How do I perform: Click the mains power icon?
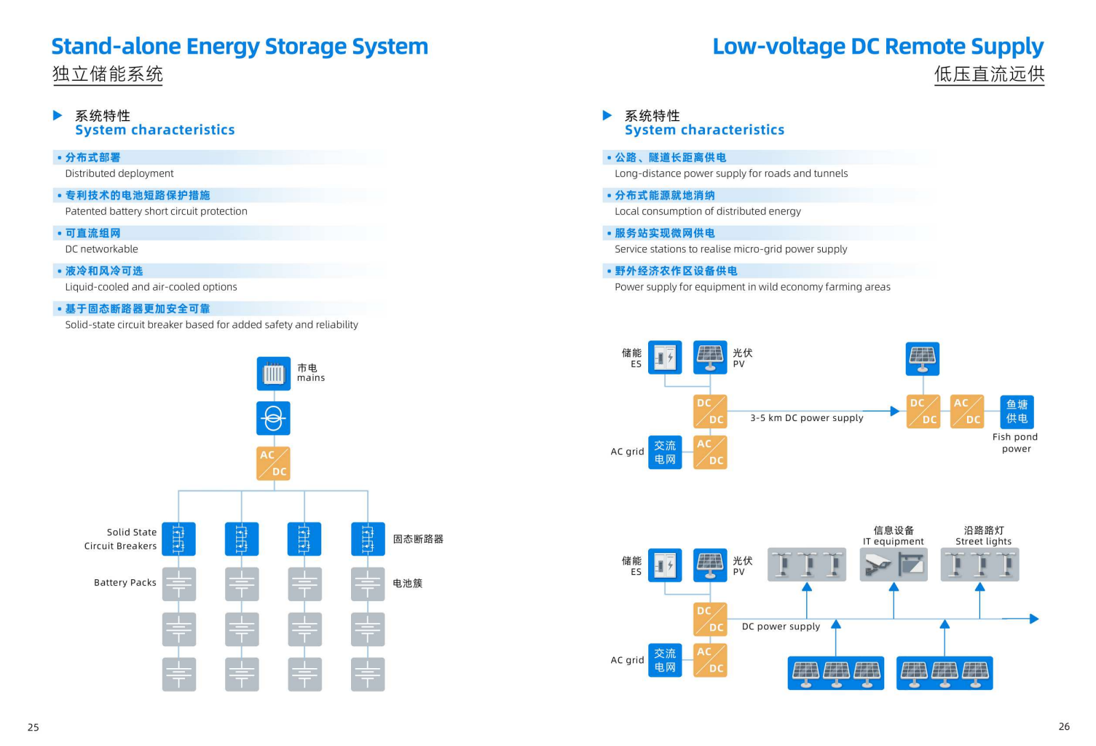click(273, 374)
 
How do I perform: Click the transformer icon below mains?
click(273, 418)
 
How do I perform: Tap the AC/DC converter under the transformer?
click(273, 463)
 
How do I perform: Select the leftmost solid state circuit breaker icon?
click(178, 539)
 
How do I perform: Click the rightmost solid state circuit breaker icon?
click(368, 539)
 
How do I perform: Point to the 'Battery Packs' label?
click(125, 583)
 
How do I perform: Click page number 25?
click(33, 727)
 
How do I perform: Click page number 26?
click(1064, 726)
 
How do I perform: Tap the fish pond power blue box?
click(1017, 412)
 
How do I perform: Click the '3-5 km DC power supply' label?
click(806, 418)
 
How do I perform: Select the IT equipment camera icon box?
click(894, 565)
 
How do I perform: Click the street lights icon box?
click(979, 565)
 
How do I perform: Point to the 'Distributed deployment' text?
click(119, 173)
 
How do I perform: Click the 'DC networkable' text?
click(101, 249)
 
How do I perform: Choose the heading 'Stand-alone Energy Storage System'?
click(240, 47)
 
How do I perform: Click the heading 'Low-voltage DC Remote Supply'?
click(878, 47)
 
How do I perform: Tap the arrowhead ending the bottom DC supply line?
click(1034, 619)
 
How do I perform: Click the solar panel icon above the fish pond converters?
click(922, 358)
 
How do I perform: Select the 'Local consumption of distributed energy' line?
click(707, 211)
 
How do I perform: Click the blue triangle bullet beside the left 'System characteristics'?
click(58, 115)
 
